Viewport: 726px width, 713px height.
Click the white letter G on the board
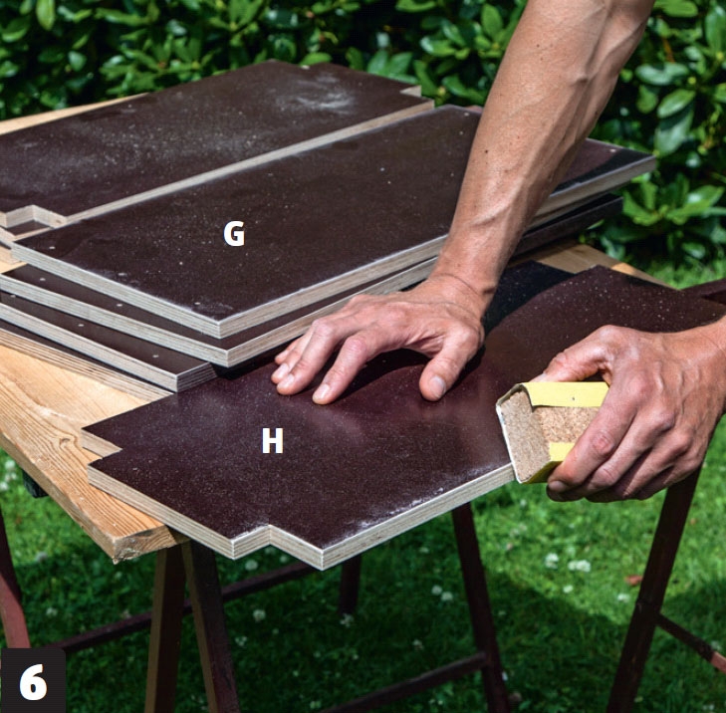(x=234, y=233)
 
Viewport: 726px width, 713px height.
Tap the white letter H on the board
(x=272, y=441)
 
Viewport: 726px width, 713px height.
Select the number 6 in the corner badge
(x=33, y=682)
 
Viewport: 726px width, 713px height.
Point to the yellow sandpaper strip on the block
(x=570, y=394)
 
